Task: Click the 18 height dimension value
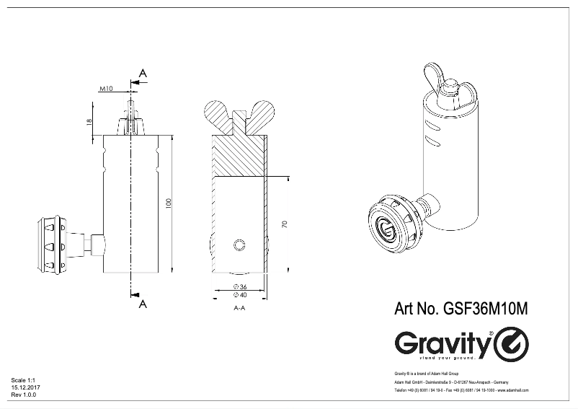[89, 122]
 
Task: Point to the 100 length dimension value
[168, 203]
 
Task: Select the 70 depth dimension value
[285, 224]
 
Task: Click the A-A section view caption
[240, 308]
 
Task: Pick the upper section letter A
[143, 74]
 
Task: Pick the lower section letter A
[143, 304]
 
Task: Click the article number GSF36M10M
[461, 309]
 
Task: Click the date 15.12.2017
[25, 387]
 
